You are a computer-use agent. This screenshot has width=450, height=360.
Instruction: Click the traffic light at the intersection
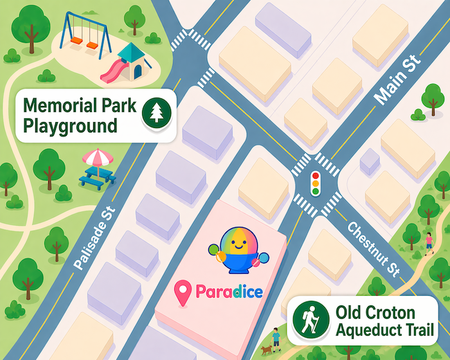(315, 183)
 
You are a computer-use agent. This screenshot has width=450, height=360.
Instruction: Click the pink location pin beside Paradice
(184, 293)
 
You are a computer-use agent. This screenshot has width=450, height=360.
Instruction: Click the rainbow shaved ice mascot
(239, 251)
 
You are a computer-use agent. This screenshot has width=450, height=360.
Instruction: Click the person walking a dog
(275, 337)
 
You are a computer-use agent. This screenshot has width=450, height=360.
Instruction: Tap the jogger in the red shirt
(429, 242)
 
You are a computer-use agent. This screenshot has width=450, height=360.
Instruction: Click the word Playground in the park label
(70, 125)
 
